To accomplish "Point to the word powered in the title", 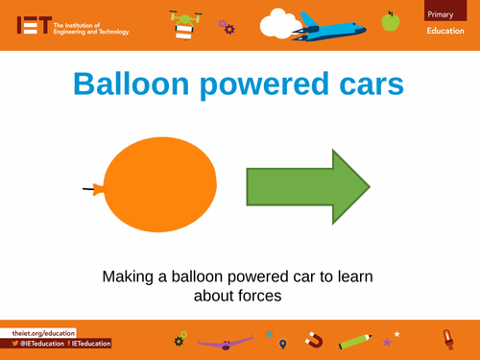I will pos(265,86).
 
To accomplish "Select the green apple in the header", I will pos(390,19).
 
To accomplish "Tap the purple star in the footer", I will pos(387,342).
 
